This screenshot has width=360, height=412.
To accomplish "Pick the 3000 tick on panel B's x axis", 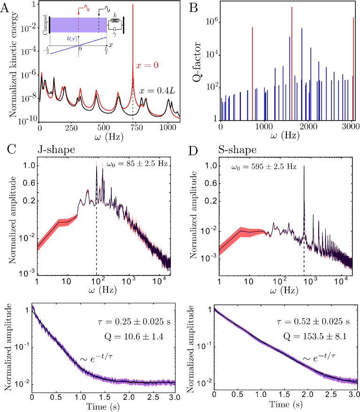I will click(353, 128).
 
